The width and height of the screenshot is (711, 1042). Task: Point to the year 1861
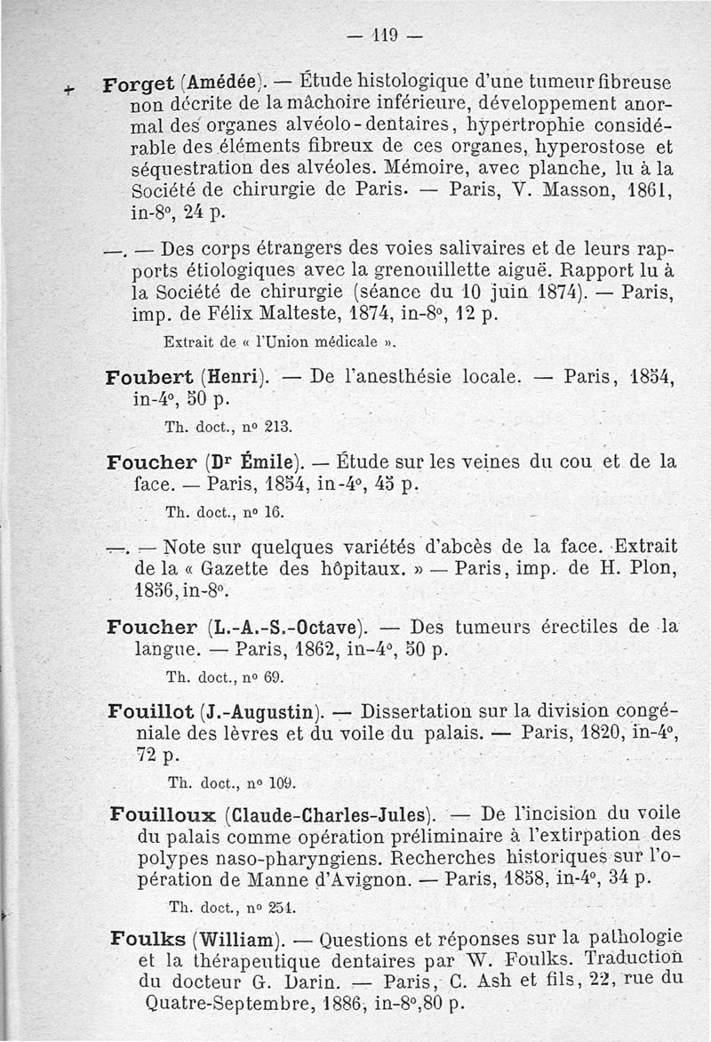pos(648,190)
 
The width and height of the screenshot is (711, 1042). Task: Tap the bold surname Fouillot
pos(148,711)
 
